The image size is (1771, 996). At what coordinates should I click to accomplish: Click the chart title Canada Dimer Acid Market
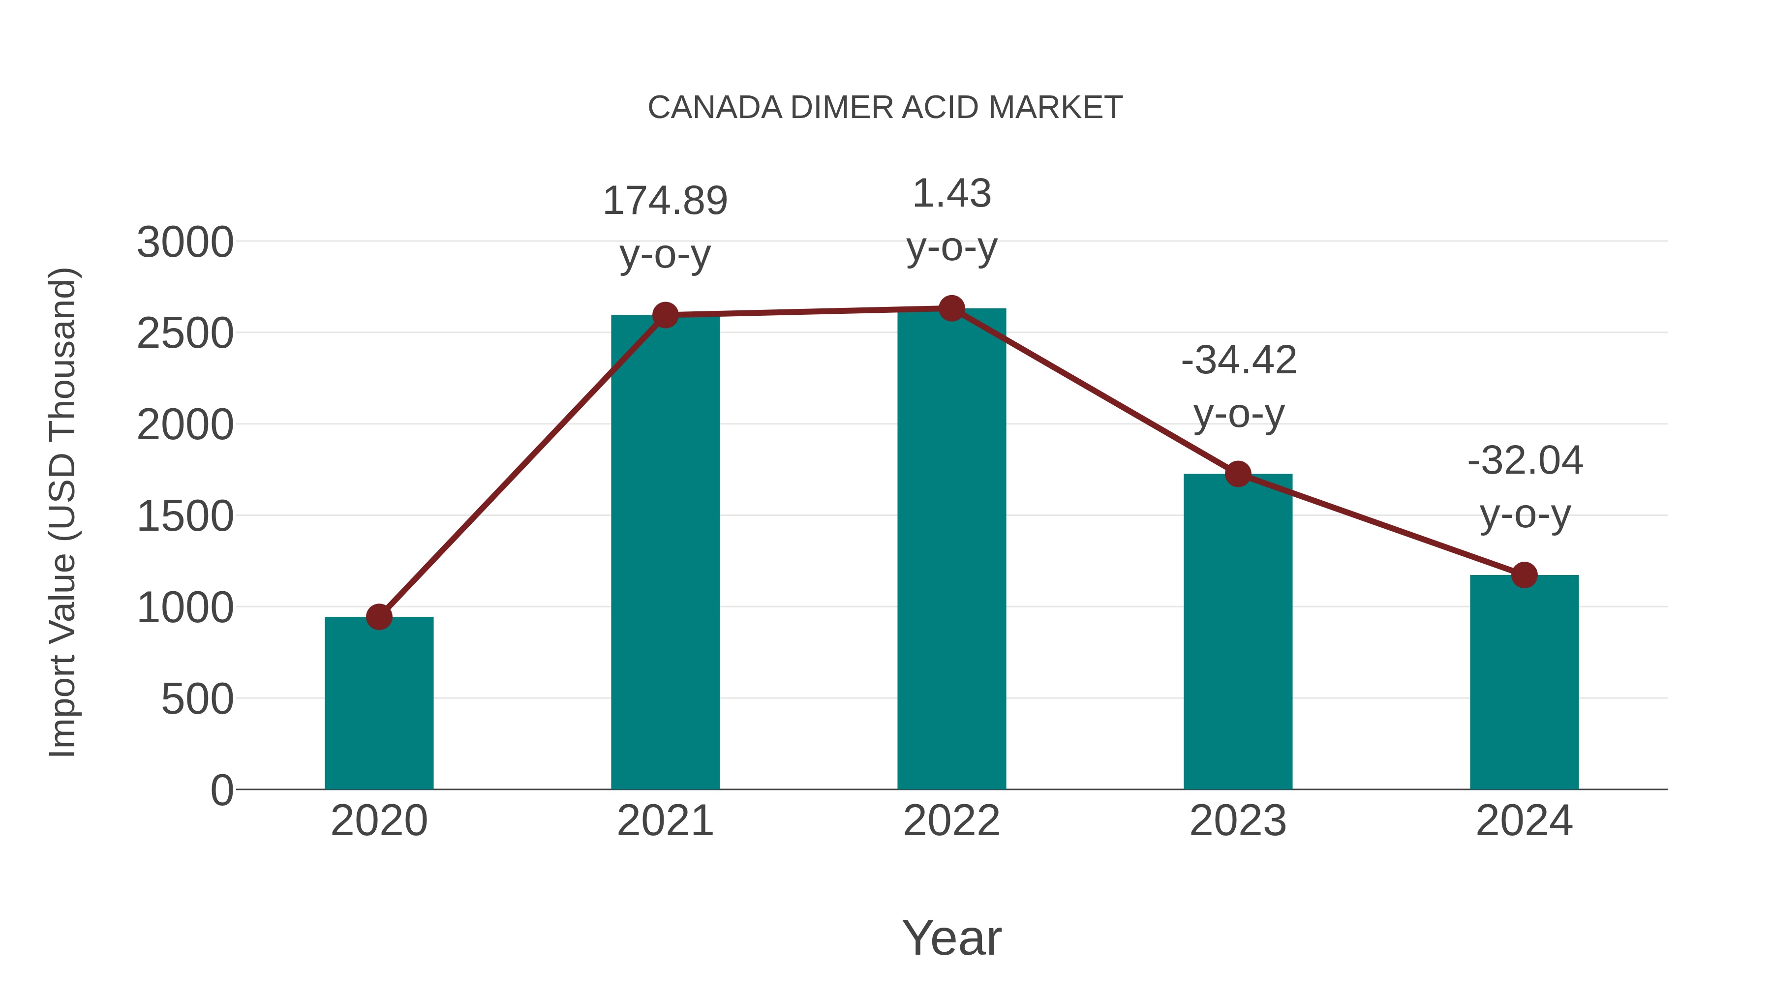[x=885, y=108]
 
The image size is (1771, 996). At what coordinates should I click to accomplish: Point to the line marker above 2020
[x=379, y=617]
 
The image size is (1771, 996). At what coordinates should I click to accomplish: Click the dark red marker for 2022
[x=951, y=308]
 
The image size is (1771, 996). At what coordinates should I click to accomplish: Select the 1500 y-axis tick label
[x=185, y=517]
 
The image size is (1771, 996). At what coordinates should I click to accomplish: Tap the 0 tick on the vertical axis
[x=221, y=790]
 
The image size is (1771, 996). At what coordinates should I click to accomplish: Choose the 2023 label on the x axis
[x=1238, y=821]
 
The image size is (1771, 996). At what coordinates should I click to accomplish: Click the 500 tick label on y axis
[x=197, y=700]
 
